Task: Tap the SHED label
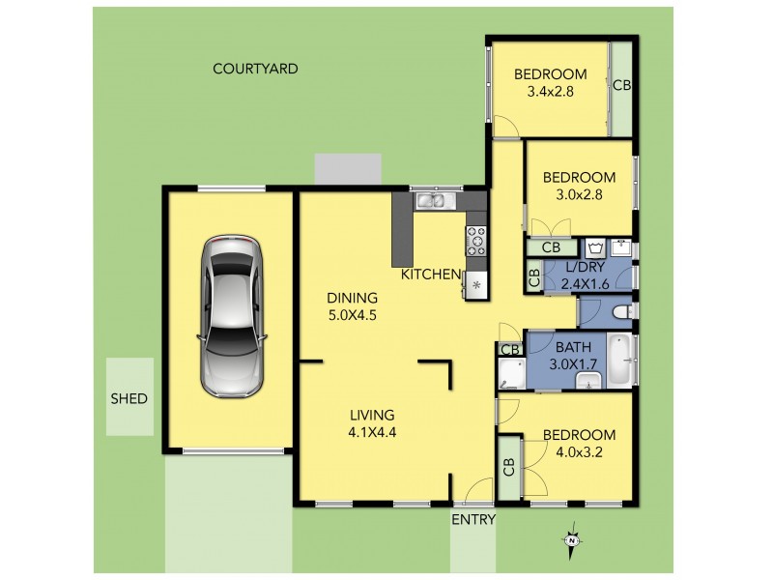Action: point(129,398)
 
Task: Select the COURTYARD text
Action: point(255,69)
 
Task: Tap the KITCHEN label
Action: point(431,275)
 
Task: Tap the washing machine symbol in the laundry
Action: point(594,246)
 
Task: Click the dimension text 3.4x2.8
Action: point(551,93)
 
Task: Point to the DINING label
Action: point(347,298)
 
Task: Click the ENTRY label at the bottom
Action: point(473,520)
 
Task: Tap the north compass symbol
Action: point(572,542)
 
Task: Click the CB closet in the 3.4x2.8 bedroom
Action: point(622,86)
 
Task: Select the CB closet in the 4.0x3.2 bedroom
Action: point(508,467)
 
